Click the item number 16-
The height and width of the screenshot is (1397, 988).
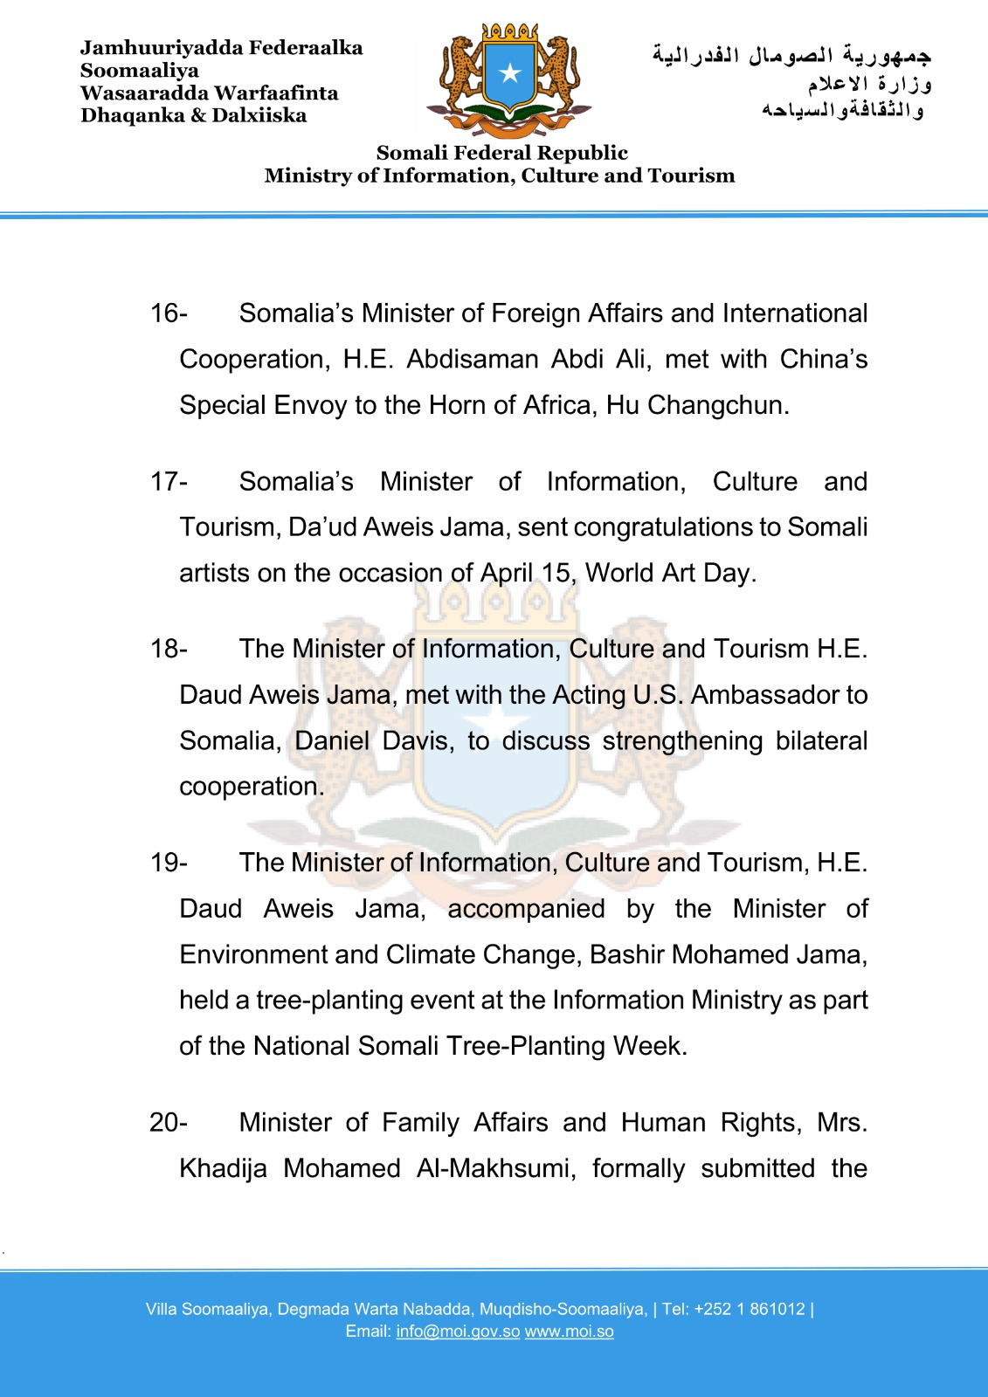click(169, 313)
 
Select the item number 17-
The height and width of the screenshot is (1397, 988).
click(169, 482)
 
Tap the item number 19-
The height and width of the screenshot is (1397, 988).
click(169, 863)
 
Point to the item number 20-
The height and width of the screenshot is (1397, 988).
click(169, 1122)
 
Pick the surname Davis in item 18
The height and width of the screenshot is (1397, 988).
click(418, 741)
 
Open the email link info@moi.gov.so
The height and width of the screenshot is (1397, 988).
click(458, 1332)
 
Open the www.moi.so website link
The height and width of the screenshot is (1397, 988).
click(569, 1332)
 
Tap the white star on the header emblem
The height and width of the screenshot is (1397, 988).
click(510, 73)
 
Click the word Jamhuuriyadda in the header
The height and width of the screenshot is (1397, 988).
click(144, 48)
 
